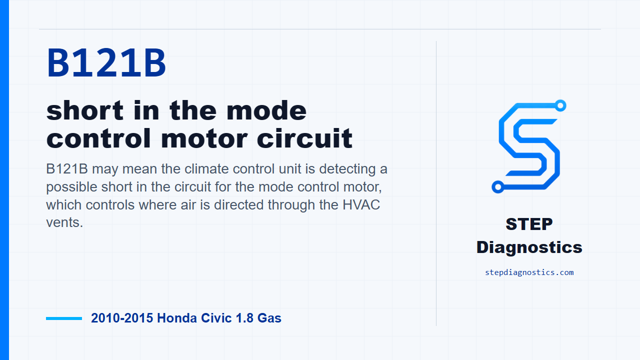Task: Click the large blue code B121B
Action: pyautogui.click(x=106, y=63)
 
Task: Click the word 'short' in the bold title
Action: pyautogui.click(x=85, y=110)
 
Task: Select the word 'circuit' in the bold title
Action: pyautogui.click(x=304, y=138)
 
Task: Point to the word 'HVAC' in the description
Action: pyautogui.click(x=361, y=204)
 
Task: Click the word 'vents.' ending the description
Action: pyautogui.click(x=64, y=222)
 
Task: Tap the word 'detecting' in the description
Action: pyautogui.click(x=347, y=169)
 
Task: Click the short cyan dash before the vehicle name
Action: pyautogui.click(x=64, y=318)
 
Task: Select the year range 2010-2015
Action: pyautogui.click(x=122, y=318)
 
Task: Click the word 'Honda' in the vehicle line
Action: pyautogui.click(x=177, y=318)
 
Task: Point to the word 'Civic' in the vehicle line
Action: pyautogui.click(x=216, y=318)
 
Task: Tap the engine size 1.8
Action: pyautogui.click(x=244, y=318)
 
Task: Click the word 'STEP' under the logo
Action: pyautogui.click(x=529, y=224)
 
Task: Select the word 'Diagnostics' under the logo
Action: pyautogui.click(x=529, y=247)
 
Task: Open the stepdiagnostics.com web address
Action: pyautogui.click(x=529, y=272)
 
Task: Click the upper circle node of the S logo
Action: pyautogui.click(x=560, y=105)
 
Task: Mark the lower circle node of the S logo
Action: pyautogui.click(x=497, y=187)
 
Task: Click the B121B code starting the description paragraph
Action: pyautogui.click(x=67, y=169)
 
